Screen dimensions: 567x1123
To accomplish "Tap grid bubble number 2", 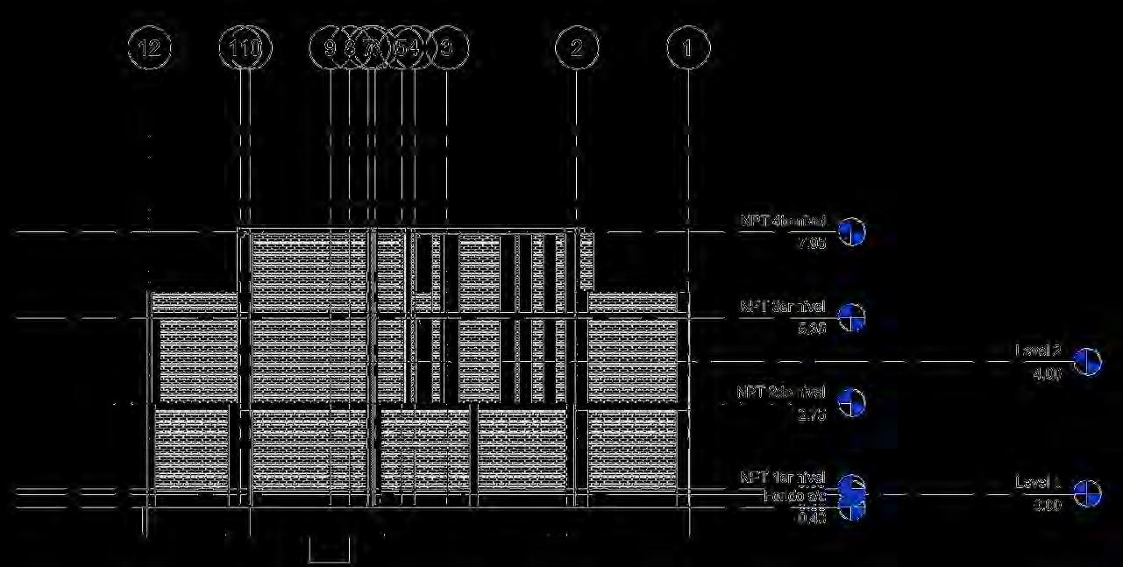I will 576,48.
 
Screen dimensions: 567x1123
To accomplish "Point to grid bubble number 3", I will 447,48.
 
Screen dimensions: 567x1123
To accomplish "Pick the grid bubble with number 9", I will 330,48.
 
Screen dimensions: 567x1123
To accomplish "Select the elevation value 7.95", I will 813,243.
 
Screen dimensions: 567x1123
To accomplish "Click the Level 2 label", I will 1038,351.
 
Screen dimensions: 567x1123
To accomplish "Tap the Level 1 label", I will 1038,482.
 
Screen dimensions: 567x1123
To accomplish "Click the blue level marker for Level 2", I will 1088,361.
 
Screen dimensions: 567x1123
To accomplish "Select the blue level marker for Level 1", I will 1088,493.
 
